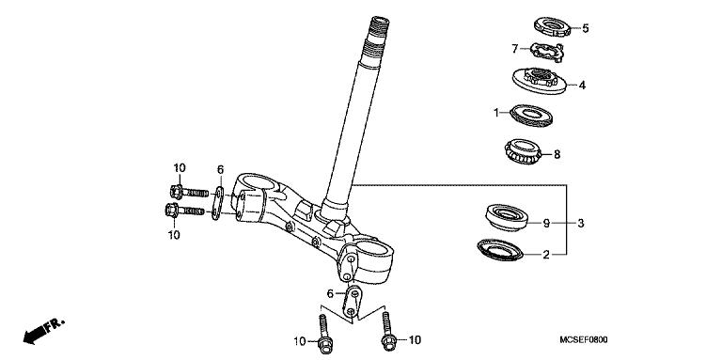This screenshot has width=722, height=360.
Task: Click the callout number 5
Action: point(585,28)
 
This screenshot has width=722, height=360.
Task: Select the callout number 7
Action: point(515,48)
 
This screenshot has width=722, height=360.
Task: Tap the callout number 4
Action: point(583,85)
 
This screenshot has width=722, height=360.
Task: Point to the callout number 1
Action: point(497,113)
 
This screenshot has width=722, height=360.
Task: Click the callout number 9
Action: point(544,224)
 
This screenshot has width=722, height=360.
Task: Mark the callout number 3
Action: point(582,224)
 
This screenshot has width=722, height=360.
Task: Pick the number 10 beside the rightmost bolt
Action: point(413,339)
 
